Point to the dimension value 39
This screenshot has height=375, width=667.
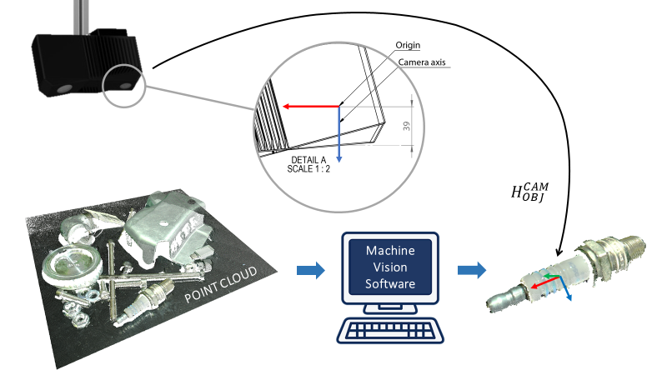point(406,125)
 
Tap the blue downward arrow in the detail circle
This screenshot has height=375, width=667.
point(339,133)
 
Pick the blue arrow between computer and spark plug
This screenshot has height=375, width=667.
point(471,270)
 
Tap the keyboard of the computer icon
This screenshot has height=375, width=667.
point(390,330)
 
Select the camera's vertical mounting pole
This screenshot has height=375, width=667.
point(81,15)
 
